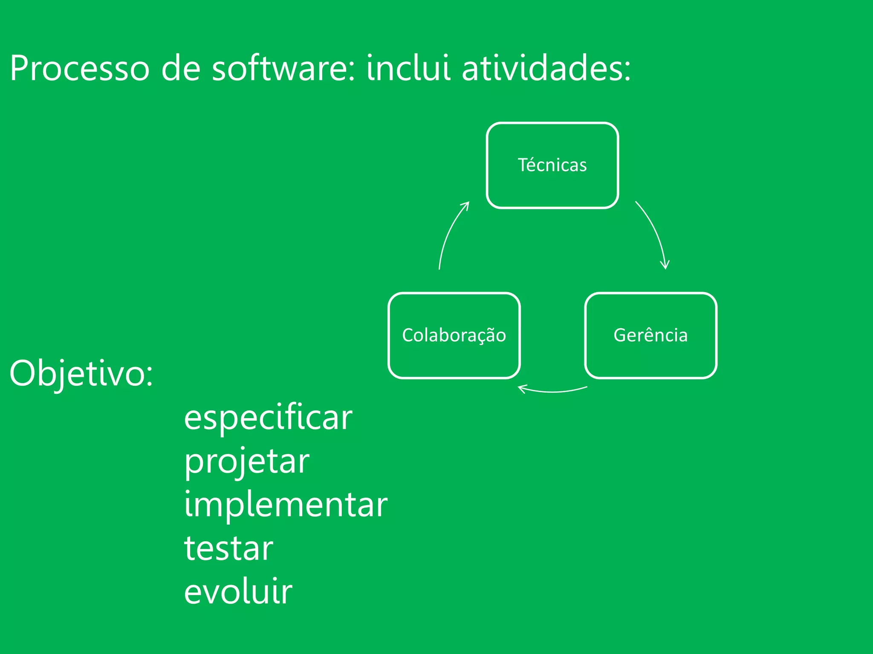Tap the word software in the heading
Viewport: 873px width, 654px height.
coord(283,68)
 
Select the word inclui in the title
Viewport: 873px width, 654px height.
coord(408,68)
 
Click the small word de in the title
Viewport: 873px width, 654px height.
coord(181,68)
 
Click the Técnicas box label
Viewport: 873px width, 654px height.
coord(552,165)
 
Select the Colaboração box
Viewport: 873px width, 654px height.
coord(454,336)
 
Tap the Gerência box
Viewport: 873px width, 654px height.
coord(650,336)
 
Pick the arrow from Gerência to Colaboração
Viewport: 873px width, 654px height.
coord(553,391)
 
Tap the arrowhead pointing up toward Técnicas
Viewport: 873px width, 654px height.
coord(466,206)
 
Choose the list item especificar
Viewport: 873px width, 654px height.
coord(268,418)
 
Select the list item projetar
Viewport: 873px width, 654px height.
coord(246,462)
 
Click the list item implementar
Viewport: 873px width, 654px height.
coord(286,505)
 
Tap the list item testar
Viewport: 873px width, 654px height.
coord(228,549)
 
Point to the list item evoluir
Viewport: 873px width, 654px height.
coord(238,592)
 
